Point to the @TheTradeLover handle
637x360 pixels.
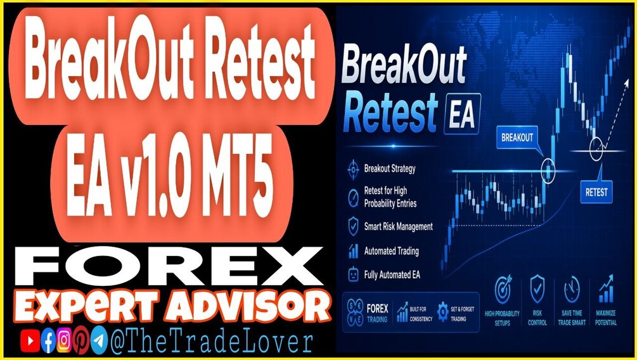(x=211, y=342)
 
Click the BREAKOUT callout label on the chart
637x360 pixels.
(x=517, y=138)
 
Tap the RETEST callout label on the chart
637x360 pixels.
(x=596, y=192)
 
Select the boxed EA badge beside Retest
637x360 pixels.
(x=462, y=114)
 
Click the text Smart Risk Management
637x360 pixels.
(x=398, y=227)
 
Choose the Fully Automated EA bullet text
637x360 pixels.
(x=392, y=275)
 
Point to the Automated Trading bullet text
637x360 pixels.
(x=391, y=251)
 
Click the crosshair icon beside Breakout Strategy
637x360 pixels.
(x=353, y=169)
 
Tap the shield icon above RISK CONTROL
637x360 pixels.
(x=537, y=288)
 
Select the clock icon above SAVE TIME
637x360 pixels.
(x=572, y=290)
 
